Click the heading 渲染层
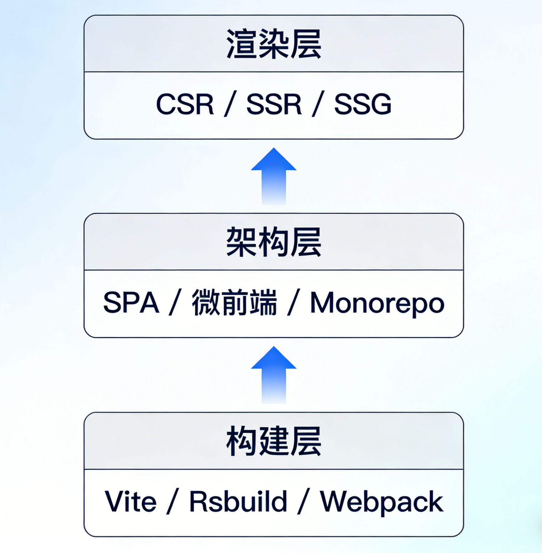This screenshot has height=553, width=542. pos(273,44)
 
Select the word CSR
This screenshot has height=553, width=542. pos(185,104)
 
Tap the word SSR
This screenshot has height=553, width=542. pos(274,104)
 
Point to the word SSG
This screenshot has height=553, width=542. pos(363,104)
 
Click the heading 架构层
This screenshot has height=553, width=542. pos(273,242)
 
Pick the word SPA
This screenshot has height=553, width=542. pos(131,303)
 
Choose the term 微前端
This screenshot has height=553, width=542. pos(234,303)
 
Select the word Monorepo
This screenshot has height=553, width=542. pos(377,303)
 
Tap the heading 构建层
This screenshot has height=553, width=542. pos(273,441)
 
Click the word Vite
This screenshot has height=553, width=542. pos(130,502)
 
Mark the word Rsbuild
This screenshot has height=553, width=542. pos(238,502)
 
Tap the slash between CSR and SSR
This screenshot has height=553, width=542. pos(230,104)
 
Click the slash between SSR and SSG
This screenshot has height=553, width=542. pos(318,104)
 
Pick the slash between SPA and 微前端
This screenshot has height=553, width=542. pos(175,303)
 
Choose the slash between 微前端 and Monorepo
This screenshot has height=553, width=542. pos(293,303)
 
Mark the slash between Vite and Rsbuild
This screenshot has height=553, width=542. pos(173,502)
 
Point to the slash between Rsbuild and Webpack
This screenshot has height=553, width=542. pos(303,502)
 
